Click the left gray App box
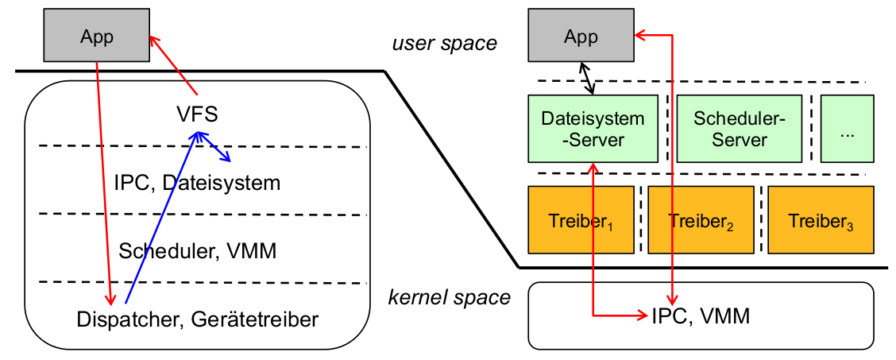(96, 37)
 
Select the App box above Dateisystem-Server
(581, 37)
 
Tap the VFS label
(198, 115)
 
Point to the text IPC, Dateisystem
(196, 184)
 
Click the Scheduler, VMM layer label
(197, 252)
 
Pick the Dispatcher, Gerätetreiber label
(198, 319)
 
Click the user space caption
(444, 43)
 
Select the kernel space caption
(449, 298)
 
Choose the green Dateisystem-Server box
(593, 129)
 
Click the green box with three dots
(847, 129)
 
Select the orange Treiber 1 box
(581, 218)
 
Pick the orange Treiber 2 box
(700, 218)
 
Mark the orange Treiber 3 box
(821, 218)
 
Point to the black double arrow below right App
(589, 78)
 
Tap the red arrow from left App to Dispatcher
(103, 175)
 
